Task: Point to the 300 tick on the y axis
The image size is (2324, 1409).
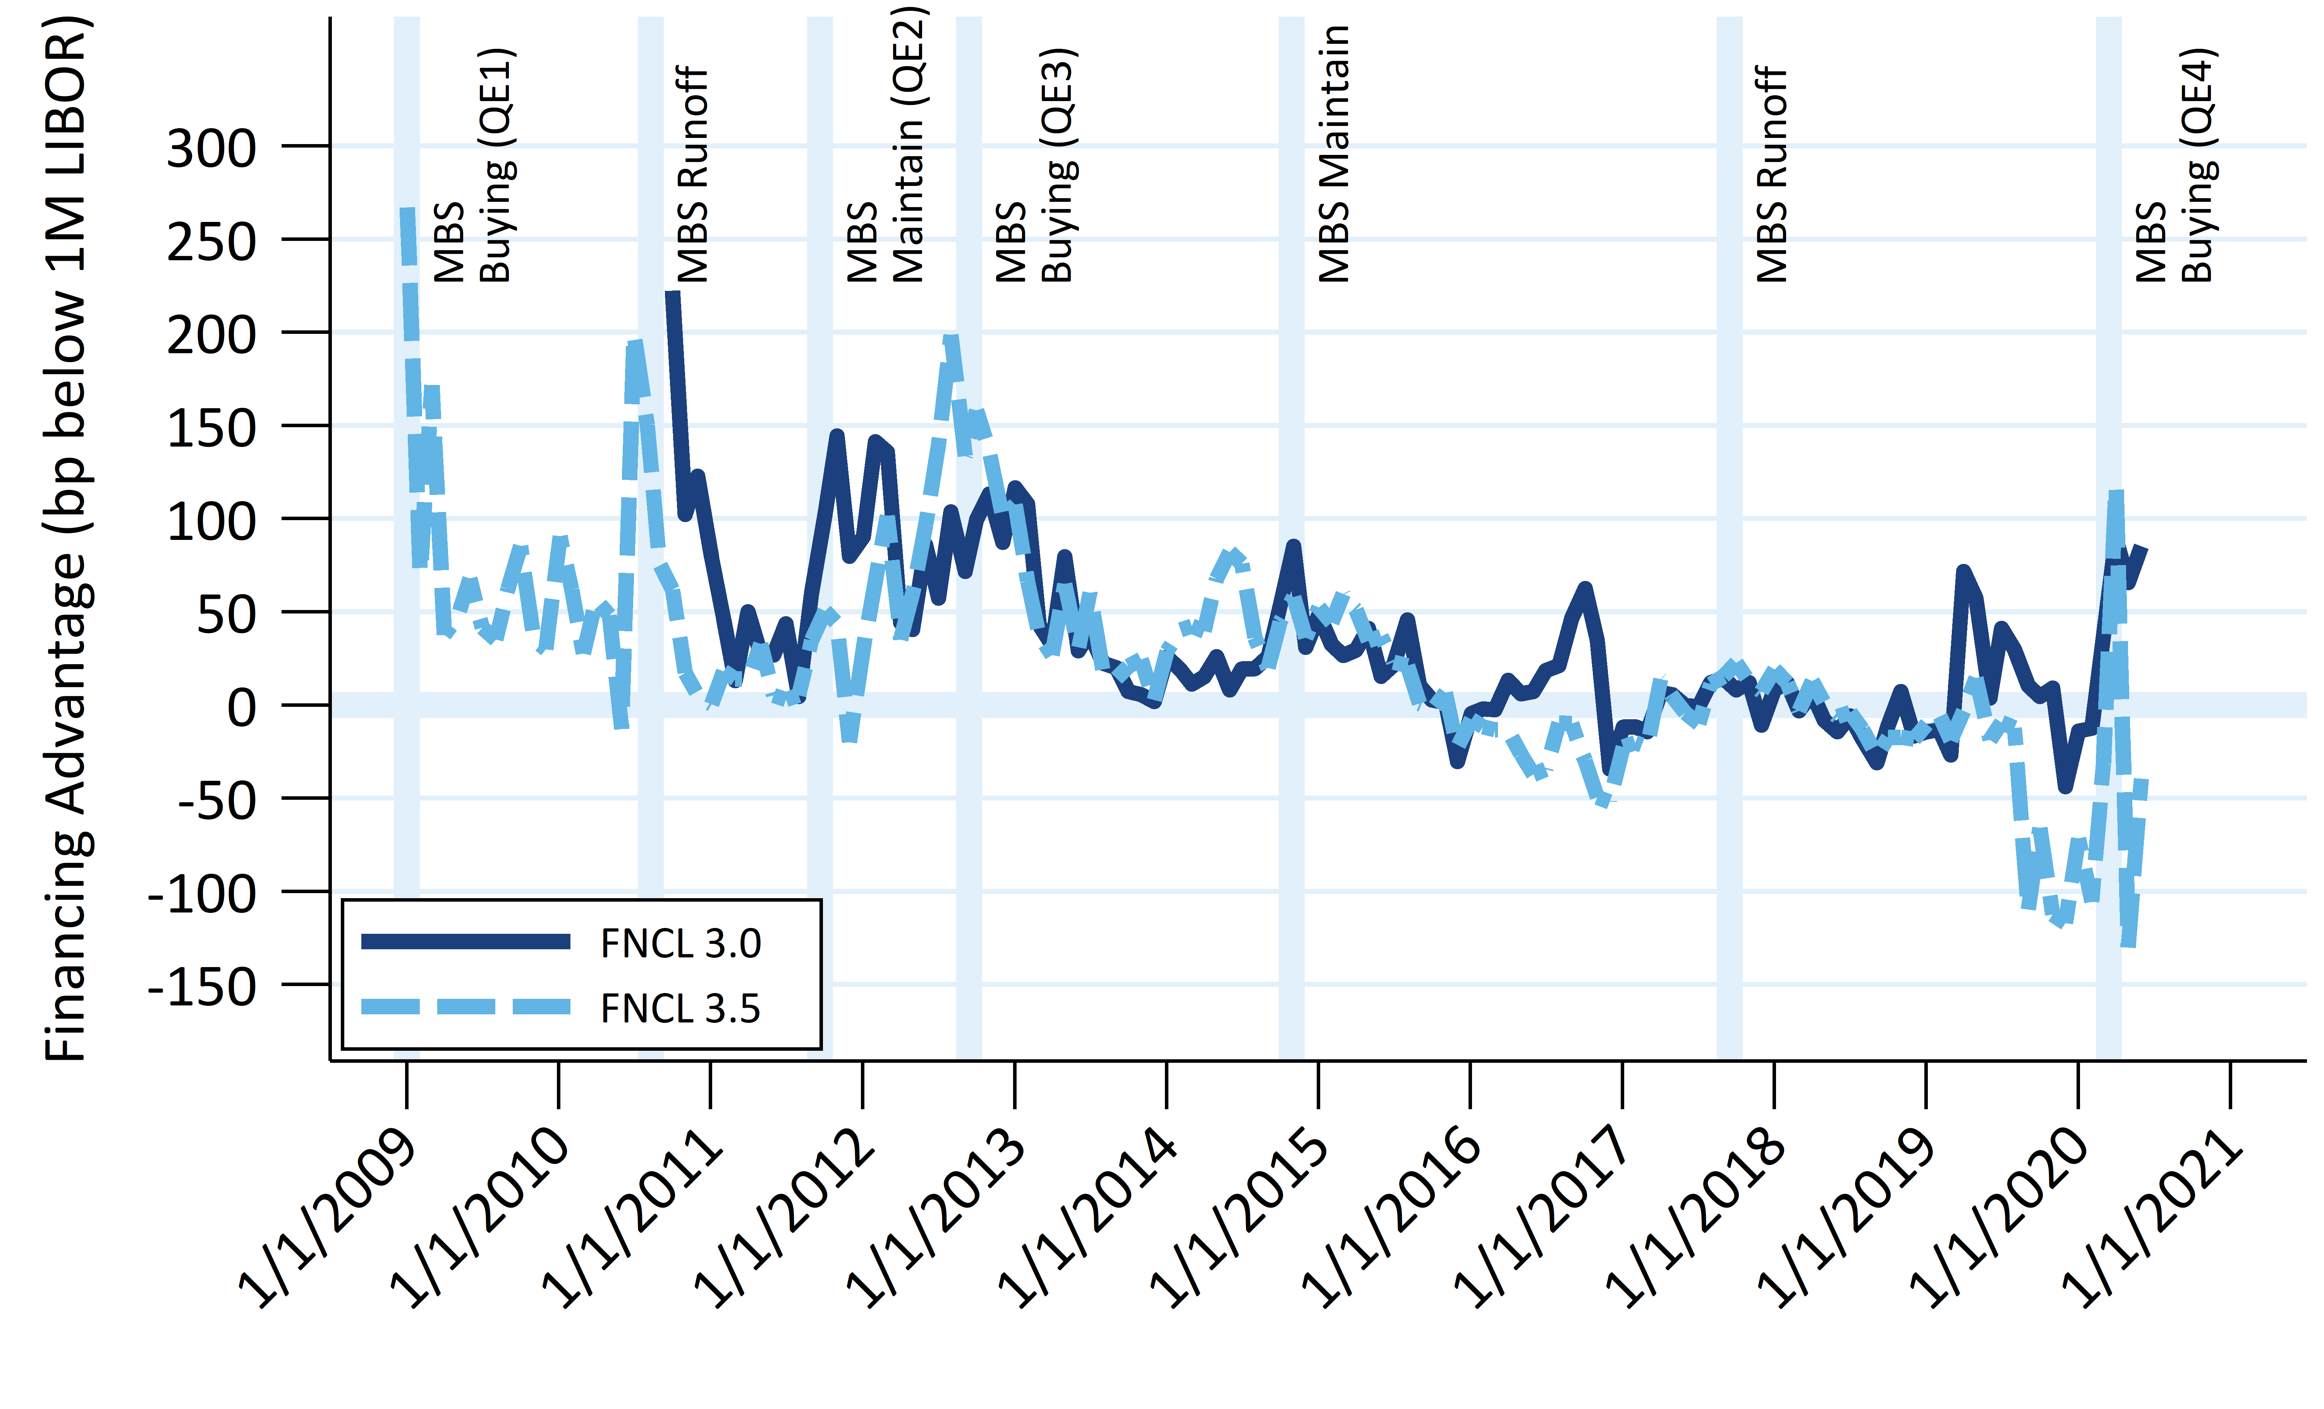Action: click(x=211, y=148)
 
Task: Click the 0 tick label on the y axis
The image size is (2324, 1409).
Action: click(x=241, y=707)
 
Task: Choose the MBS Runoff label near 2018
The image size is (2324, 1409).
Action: click(x=1771, y=174)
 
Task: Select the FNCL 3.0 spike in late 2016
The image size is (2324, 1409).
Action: click(x=1585, y=589)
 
